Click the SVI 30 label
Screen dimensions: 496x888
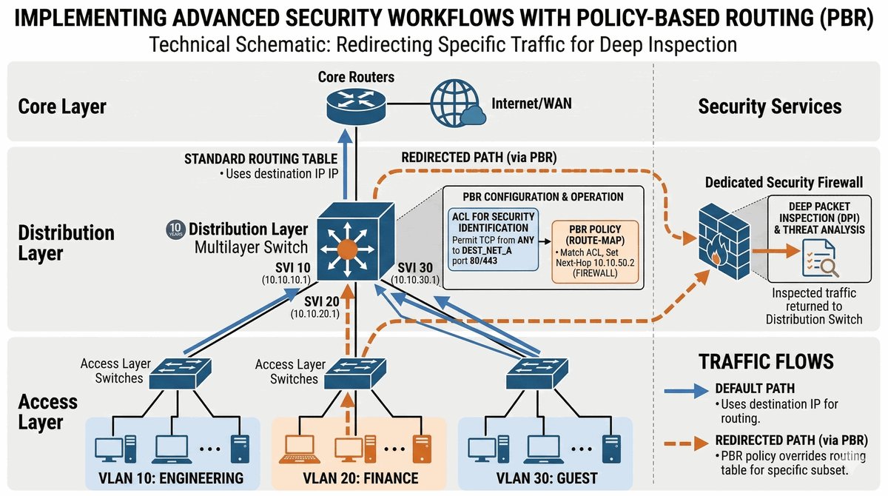click(x=418, y=267)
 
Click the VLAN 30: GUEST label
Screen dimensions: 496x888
click(x=545, y=477)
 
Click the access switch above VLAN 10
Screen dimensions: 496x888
click(x=181, y=374)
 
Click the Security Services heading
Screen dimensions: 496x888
click(x=770, y=107)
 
